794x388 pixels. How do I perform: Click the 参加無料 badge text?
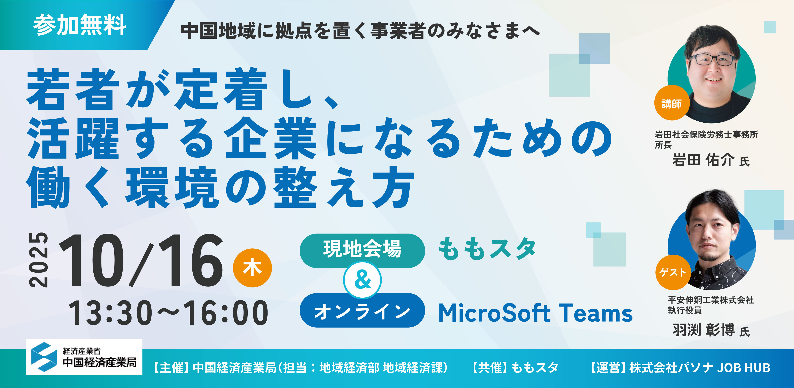click(x=80, y=25)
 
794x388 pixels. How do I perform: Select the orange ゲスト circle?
click(x=673, y=272)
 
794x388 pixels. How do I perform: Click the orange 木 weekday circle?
click(x=252, y=268)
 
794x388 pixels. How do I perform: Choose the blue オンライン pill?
click(x=362, y=310)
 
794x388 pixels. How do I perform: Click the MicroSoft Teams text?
click(x=535, y=313)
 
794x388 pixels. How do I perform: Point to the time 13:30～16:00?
click(x=168, y=313)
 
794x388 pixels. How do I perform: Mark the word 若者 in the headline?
click(x=73, y=89)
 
